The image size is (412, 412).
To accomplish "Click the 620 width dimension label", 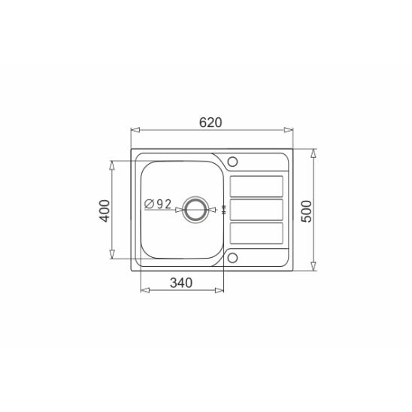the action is (x=211, y=123).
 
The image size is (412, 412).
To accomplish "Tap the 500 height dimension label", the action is (x=307, y=211).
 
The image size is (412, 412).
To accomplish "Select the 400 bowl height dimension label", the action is (x=105, y=211).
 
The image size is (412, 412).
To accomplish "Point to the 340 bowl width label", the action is (x=181, y=283).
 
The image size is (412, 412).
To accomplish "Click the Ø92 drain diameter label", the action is (x=158, y=204).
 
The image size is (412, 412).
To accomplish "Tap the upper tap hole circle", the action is (x=232, y=162).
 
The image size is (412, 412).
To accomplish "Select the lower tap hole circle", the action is (x=232, y=258).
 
